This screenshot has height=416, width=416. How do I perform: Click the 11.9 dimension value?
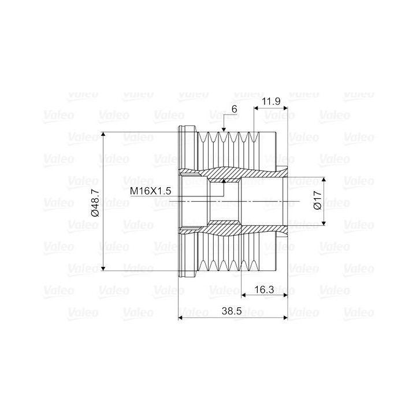[271, 101]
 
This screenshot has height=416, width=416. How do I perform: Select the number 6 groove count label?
[234, 109]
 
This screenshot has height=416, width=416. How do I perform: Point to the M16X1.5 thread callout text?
[150, 191]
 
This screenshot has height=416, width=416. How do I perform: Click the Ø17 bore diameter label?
[317, 200]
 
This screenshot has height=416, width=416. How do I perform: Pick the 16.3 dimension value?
[264, 289]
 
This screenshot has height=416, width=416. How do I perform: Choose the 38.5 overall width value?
[232, 311]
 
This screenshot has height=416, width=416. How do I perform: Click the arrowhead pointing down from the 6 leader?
[224, 129]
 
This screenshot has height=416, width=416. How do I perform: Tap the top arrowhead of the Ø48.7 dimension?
[103, 135]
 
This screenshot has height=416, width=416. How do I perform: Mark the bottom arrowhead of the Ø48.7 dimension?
[103, 268]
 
